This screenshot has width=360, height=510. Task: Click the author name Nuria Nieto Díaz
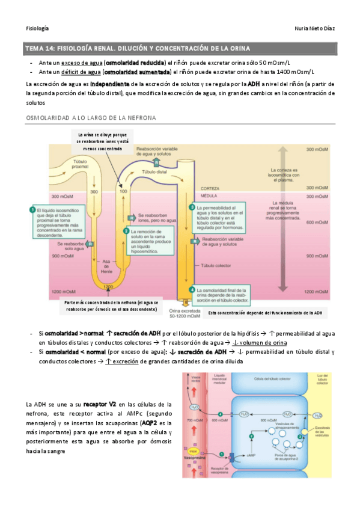pos(313,28)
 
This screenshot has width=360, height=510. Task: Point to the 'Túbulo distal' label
pos(153,172)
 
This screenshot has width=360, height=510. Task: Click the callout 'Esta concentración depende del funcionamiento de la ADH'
pos(266,313)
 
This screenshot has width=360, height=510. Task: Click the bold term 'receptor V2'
pos(100,404)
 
